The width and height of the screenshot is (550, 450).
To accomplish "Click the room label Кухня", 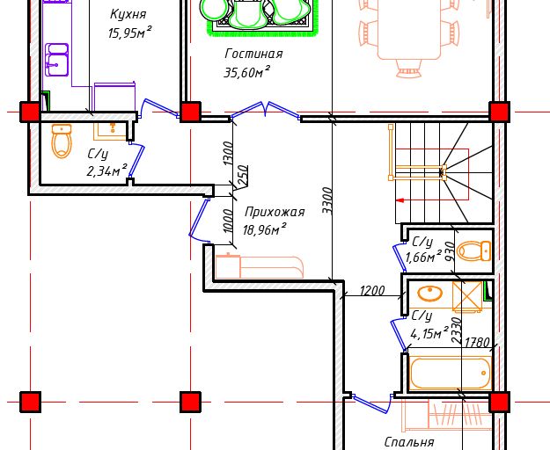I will tap(128, 14).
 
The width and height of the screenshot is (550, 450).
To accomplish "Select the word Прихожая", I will tap(275, 212).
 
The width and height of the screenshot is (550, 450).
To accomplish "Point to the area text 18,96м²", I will tap(267, 229).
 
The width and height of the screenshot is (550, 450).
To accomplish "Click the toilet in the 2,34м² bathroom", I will tap(61, 141).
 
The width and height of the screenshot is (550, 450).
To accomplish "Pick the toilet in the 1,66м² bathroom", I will tap(475, 251).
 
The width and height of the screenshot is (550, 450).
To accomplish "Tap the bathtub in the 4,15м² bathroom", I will tap(449, 372).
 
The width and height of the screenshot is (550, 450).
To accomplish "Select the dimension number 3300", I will tap(326, 200).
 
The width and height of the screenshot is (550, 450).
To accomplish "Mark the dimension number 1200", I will tap(371, 290).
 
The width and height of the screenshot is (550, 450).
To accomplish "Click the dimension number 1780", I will tap(476, 343).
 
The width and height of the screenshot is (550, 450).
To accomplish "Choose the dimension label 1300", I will tap(228, 154).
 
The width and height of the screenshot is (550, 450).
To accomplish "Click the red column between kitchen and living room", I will tap(190, 112).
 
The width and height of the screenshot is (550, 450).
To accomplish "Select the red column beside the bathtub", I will tap(499, 402).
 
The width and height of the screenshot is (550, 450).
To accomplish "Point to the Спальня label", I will tap(409, 442).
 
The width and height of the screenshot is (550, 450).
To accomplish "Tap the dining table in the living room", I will tap(409, 31).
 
